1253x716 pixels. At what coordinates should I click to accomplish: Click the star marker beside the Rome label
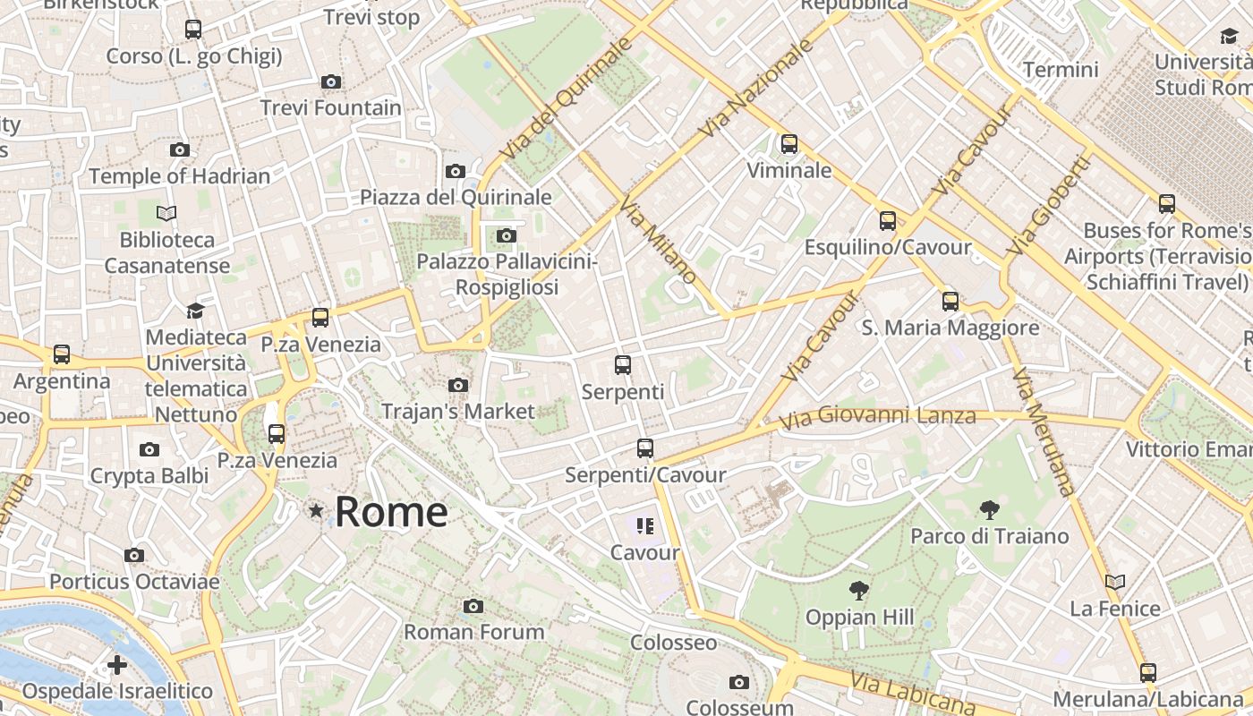click(x=315, y=511)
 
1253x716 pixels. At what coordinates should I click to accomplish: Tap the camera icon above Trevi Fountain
click(x=331, y=82)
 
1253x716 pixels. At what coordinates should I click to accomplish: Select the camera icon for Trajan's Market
click(x=458, y=386)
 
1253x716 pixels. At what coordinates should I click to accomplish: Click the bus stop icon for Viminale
click(x=788, y=144)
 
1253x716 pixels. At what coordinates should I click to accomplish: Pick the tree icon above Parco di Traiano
click(x=989, y=510)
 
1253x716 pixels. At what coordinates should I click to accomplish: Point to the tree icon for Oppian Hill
click(x=859, y=591)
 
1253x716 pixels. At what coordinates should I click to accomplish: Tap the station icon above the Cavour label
click(x=645, y=526)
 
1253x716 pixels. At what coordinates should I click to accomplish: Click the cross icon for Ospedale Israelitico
click(x=116, y=665)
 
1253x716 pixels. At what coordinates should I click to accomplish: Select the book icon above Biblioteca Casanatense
click(x=166, y=213)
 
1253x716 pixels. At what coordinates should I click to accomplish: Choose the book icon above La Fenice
click(x=1114, y=583)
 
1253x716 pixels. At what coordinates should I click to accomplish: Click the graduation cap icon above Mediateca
click(x=195, y=311)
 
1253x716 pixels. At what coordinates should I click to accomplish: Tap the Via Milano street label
click(x=658, y=240)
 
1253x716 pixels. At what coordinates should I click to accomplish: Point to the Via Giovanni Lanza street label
click(x=877, y=417)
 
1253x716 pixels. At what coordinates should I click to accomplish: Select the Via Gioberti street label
click(x=1049, y=206)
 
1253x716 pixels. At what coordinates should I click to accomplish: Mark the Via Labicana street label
click(x=912, y=694)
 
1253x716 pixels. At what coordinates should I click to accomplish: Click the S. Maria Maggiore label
click(x=950, y=328)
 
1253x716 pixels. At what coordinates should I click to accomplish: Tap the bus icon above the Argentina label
click(x=62, y=354)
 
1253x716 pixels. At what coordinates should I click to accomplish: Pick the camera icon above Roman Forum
click(x=473, y=607)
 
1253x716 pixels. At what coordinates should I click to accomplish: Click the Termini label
click(x=1061, y=69)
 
